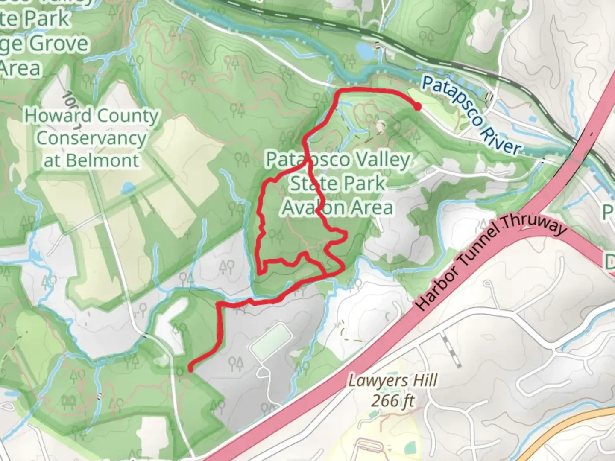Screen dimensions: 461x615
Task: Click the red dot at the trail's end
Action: point(417,106)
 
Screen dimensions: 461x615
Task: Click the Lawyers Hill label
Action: point(392,380)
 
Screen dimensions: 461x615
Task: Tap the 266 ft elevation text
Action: point(392,400)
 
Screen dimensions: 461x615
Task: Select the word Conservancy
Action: point(91,138)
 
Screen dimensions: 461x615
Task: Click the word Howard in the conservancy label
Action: point(58,116)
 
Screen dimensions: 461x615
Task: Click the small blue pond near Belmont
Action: point(127,188)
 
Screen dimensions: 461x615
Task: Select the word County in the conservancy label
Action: point(128,116)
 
